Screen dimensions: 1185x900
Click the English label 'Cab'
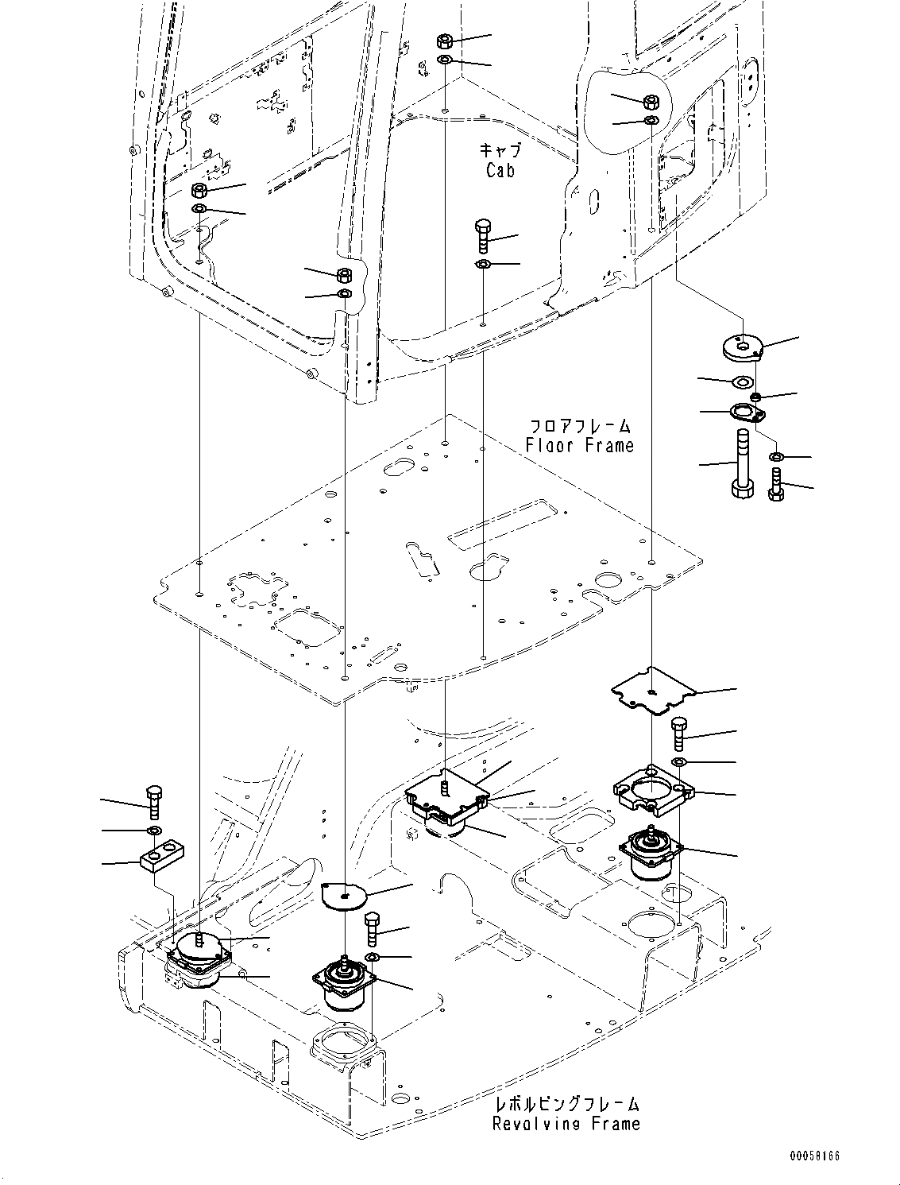tap(500, 169)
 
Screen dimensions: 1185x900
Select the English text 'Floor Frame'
tap(580, 445)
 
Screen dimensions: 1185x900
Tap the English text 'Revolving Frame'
tap(566, 1123)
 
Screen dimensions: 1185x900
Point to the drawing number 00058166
tap(814, 1156)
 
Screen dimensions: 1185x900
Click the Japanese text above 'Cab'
tap(500, 149)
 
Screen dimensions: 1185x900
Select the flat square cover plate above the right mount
tap(651, 690)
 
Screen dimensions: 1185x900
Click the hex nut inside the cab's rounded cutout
tap(651, 102)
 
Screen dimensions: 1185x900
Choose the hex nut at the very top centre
tap(446, 42)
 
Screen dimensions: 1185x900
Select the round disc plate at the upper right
tap(743, 347)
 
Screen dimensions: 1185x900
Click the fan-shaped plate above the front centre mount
tap(343, 894)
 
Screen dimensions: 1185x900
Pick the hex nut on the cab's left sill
tap(200, 191)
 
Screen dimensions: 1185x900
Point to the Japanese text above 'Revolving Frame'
tap(566, 1104)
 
